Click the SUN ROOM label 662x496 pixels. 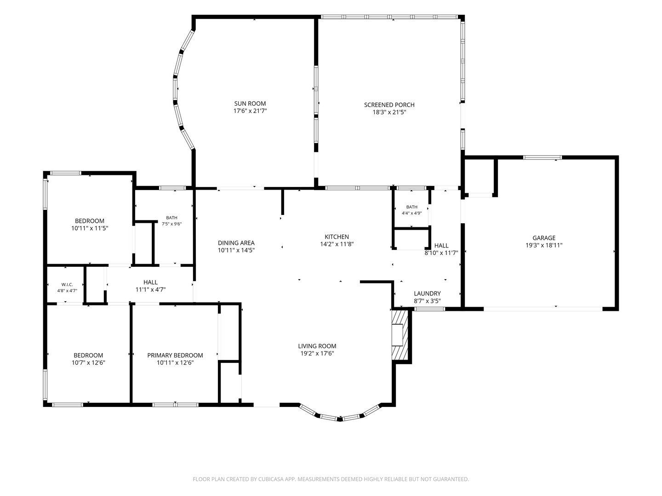coord(250,104)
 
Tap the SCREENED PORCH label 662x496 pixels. coord(389,105)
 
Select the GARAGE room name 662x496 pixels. coord(544,238)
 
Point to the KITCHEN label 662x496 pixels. coord(337,237)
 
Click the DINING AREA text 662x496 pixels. coord(236,243)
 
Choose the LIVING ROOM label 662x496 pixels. coord(317,346)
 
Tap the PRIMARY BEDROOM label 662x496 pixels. coord(175,355)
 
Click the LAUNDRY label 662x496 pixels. coord(427,293)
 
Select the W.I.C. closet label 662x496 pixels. coord(67,285)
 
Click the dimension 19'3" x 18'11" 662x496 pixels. coord(544,245)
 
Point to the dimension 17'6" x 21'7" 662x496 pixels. coord(250,111)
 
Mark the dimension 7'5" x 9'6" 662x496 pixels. coord(171,224)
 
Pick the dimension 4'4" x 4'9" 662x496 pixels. coord(411,213)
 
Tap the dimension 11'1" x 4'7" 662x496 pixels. coord(150,289)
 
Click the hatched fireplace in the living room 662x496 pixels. coord(399,335)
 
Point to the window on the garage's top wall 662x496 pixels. coord(542,157)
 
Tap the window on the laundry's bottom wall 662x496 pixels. coord(429,309)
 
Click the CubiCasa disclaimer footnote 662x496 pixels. coord(331,479)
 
